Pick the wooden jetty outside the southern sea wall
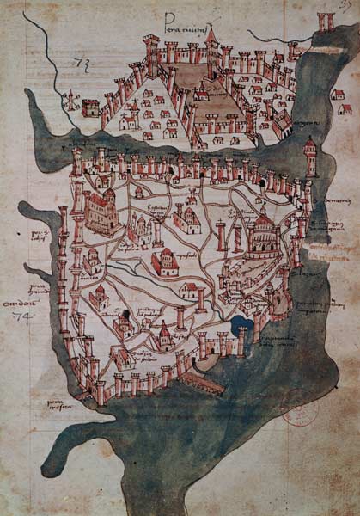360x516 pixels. [x=205, y=382]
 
